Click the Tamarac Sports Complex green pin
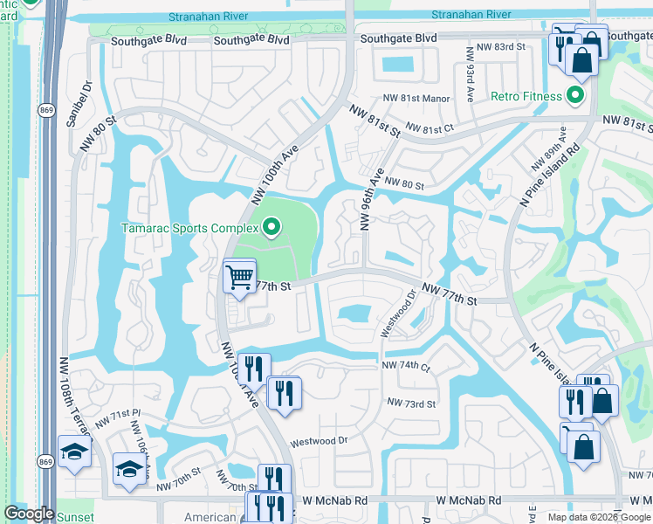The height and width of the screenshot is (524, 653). [x=271, y=229]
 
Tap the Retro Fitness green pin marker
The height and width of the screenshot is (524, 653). [x=575, y=94]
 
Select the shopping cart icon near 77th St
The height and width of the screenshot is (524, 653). [x=239, y=278]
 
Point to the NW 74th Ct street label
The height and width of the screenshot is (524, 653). [x=407, y=367]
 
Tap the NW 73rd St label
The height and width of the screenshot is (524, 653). [x=411, y=403]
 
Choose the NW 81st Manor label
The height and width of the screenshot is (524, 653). [x=416, y=99]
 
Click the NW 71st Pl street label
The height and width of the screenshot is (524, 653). [x=118, y=417]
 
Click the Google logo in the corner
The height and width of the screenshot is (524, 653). [x=30, y=514]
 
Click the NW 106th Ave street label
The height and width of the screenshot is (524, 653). [x=142, y=445]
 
